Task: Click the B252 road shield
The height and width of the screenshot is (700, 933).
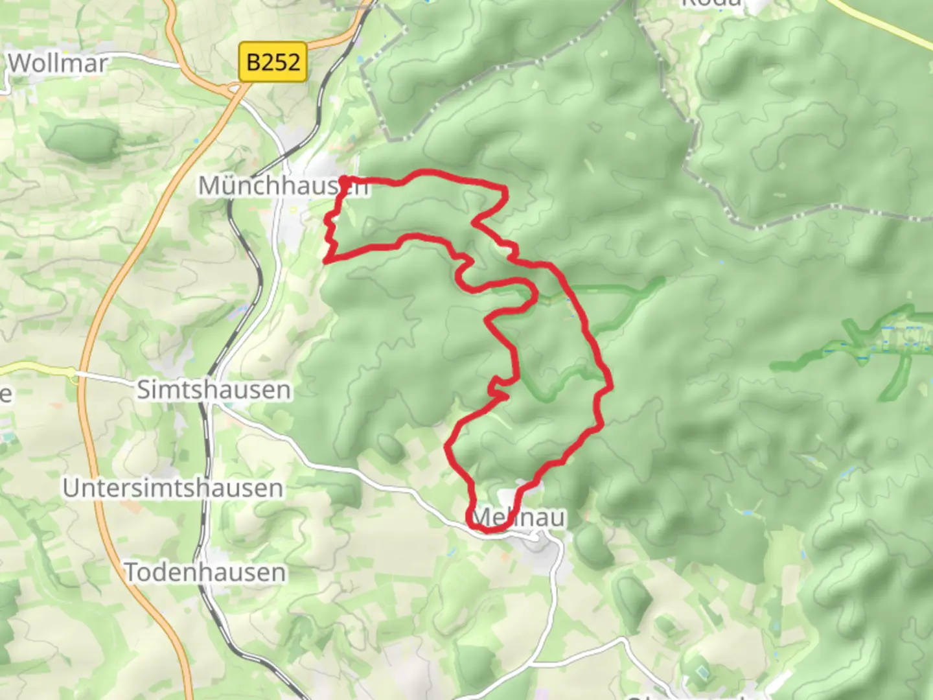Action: [272, 62]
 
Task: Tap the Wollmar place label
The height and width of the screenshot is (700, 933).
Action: [58, 64]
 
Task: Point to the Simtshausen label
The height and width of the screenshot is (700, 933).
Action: [214, 390]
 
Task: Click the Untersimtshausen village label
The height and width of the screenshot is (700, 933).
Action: [173, 488]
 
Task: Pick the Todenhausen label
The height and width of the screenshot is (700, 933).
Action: [205, 572]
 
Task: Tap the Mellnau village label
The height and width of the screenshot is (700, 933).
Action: [518, 517]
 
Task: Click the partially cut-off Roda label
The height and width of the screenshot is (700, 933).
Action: [711, 3]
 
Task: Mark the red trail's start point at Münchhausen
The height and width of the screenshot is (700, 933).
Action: [344, 180]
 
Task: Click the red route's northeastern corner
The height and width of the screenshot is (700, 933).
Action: [505, 189]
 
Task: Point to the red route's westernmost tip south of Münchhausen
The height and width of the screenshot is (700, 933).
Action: [325, 261]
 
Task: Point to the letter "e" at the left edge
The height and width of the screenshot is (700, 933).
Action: [5, 393]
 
